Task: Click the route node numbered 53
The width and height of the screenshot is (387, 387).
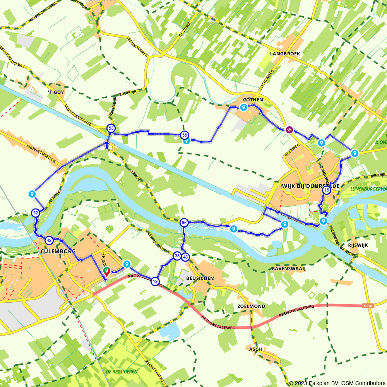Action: pyautogui.click(x=111, y=128)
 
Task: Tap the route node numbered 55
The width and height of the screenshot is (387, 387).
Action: pyautogui.click(x=185, y=135)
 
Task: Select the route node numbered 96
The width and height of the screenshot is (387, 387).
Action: pyautogui.click(x=184, y=223)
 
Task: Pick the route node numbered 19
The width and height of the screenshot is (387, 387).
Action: pyautogui.click(x=155, y=281)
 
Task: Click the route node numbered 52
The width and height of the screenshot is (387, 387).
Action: pyautogui.click(x=36, y=213)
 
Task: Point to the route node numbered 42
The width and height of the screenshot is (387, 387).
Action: pyautogui.click(x=49, y=240)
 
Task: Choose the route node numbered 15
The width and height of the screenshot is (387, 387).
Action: pyautogui.click(x=327, y=190)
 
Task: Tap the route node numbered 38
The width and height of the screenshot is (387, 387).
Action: pyautogui.click(x=177, y=256)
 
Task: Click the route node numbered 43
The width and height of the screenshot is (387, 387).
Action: pyautogui.click(x=185, y=257)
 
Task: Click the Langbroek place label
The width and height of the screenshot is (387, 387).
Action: pyautogui.click(x=285, y=54)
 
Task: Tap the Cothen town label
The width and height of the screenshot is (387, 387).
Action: pyautogui.click(x=254, y=100)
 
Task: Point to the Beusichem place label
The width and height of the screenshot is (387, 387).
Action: pyautogui.click(x=200, y=279)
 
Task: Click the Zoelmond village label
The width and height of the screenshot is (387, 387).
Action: pyautogui.click(x=251, y=306)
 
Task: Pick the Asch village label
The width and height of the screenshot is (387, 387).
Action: pyautogui.click(x=255, y=349)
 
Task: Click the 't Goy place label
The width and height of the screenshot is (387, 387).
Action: pyautogui.click(x=56, y=92)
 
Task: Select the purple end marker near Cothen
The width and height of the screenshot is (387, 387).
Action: pyautogui.click(x=289, y=130)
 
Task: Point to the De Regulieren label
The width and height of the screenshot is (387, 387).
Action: pyautogui.click(x=122, y=372)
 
